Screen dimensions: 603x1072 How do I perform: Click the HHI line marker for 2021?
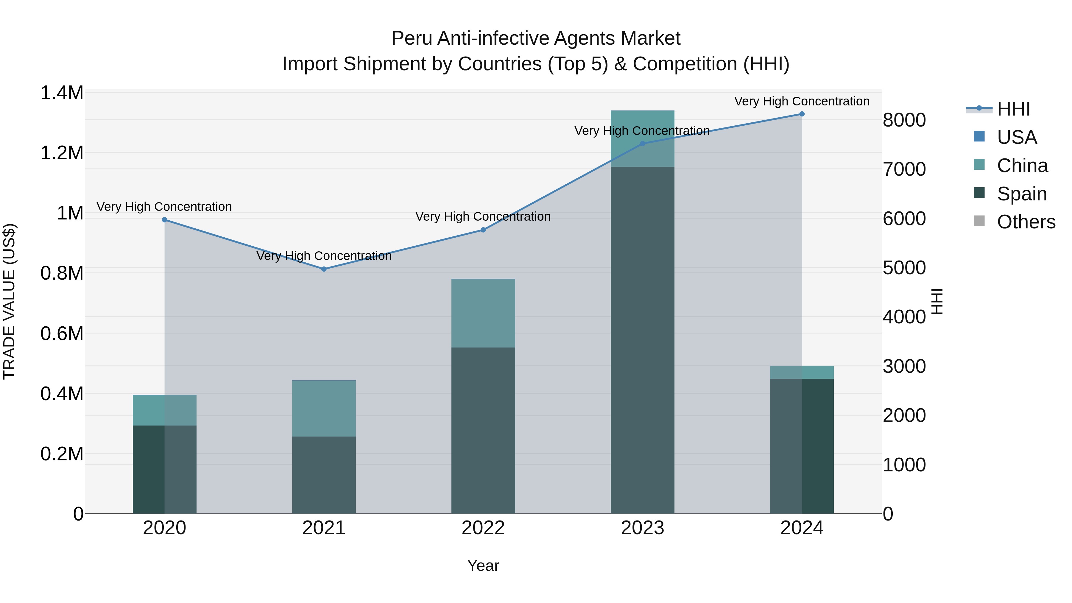pos(324,269)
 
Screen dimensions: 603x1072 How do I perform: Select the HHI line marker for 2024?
pos(802,114)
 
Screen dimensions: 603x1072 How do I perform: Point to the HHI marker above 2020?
pos(164,220)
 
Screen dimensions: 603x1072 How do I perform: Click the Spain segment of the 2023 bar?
pos(642,340)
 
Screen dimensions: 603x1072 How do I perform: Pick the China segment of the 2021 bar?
pos(324,408)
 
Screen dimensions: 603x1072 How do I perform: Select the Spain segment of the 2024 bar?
pos(802,446)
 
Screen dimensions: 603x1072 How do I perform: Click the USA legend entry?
pos(1016,137)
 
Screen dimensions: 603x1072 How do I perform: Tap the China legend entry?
pos(1022,166)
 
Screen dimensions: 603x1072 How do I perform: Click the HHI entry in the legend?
pos(1013,109)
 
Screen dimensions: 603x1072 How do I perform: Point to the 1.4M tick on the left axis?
pos(62,93)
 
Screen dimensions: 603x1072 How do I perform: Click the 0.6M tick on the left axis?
pos(62,334)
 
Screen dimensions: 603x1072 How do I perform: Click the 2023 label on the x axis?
pos(642,528)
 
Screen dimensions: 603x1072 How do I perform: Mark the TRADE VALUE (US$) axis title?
pos(9,301)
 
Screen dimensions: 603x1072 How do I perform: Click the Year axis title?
pos(483,565)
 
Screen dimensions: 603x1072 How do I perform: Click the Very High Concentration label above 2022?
pos(483,216)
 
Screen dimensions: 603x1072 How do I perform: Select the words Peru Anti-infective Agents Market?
pos(536,38)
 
